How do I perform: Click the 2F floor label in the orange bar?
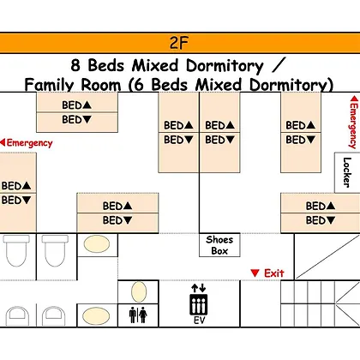click(179, 43)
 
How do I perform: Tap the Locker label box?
click(347, 172)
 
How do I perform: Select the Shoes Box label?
click(219, 245)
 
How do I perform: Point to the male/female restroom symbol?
click(138, 315)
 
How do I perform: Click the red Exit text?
click(274, 273)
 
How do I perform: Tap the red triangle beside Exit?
click(255, 273)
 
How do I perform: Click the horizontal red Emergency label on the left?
click(27, 142)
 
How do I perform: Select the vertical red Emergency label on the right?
click(354, 122)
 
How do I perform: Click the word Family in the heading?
click(49, 85)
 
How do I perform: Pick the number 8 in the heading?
click(75, 65)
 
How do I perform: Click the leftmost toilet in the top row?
click(16, 250)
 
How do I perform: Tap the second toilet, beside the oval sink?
click(55, 250)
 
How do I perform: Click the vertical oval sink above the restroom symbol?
click(139, 291)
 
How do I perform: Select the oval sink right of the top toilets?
click(97, 244)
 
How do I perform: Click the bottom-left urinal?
click(17, 316)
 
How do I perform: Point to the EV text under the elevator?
click(199, 321)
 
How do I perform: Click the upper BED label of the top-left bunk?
click(76, 105)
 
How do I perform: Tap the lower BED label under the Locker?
click(321, 220)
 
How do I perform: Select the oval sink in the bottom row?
click(96, 316)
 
